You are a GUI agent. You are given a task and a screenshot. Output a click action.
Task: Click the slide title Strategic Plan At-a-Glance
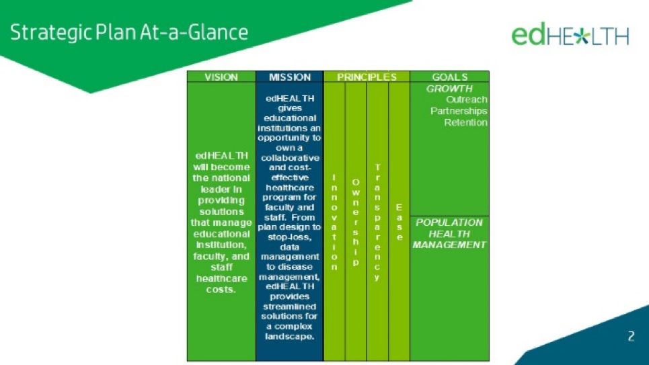pyautogui.click(x=128, y=32)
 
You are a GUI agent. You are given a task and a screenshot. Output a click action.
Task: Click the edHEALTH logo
pyautogui.click(x=570, y=36)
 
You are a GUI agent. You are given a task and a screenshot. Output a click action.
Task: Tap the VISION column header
pyautogui.click(x=221, y=77)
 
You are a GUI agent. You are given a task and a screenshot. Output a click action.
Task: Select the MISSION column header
pyautogui.click(x=289, y=77)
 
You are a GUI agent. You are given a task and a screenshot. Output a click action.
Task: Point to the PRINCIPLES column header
pyautogui.click(x=366, y=77)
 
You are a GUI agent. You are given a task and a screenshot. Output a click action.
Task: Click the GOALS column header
pyautogui.click(x=449, y=77)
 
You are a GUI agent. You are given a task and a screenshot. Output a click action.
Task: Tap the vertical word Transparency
pyautogui.click(x=377, y=222)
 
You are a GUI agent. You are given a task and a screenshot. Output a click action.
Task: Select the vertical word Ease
pyautogui.click(x=399, y=222)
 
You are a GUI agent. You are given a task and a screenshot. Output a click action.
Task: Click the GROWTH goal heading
pyautogui.click(x=449, y=88)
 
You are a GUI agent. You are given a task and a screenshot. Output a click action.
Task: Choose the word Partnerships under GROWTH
pyautogui.click(x=459, y=111)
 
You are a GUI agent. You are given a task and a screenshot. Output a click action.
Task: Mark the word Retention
pyautogui.click(x=465, y=122)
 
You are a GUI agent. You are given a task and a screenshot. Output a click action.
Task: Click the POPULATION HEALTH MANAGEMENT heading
pyautogui.click(x=449, y=233)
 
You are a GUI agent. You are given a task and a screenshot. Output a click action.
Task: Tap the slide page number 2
pyautogui.click(x=631, y=336)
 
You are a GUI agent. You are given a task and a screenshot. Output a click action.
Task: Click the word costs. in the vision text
pyautogui.click(x=221, y=289)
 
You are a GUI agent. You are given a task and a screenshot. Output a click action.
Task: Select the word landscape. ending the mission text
pyautogui.click(x=289, y=336)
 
